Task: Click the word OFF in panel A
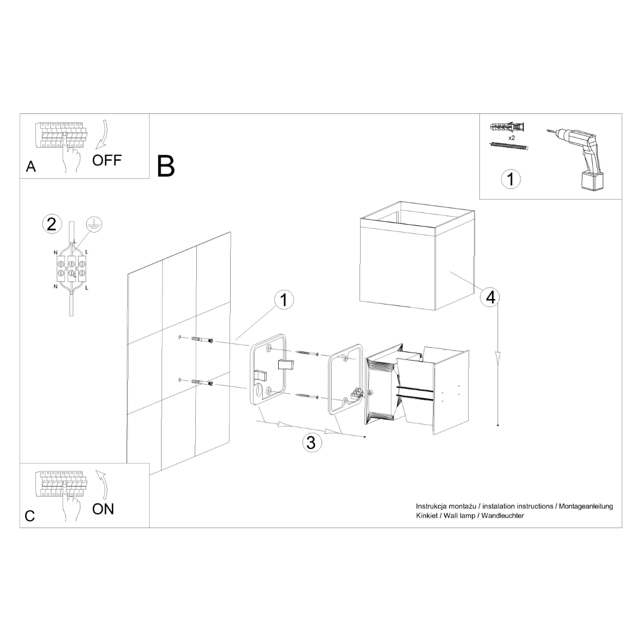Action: (107, 159)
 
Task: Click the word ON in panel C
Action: (103, 508)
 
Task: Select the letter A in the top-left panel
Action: (31, 167)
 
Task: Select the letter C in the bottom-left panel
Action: (30, 516)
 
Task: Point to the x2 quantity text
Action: (511, 137)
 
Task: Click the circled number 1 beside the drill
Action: (510, 179)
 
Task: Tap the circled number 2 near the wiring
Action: (51, 224)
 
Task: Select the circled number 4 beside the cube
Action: (490, 297)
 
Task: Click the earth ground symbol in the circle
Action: (94, 225)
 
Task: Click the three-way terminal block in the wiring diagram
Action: (71, 268)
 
